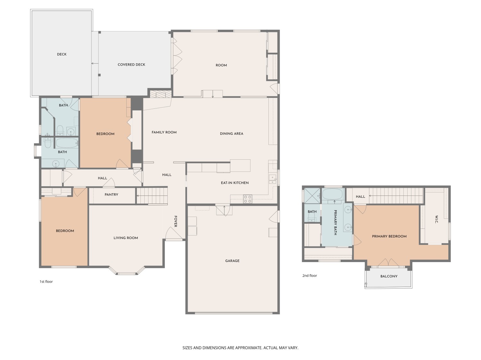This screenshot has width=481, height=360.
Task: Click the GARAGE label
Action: point(232,261)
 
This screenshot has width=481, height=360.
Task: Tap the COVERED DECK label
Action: point(131,65)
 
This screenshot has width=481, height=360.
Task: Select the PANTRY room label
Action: point(111,195)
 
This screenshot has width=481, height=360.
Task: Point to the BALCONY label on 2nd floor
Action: point(389,276)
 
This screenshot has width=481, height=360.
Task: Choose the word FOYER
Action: point(175,221)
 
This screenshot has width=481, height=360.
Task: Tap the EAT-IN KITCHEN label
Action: point(234,183)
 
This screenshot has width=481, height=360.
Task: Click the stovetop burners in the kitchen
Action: point(248,199)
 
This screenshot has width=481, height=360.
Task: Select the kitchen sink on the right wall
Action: point(272,179)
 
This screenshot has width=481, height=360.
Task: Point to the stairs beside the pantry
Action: point(152,196)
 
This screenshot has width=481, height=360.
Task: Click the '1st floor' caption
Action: point(46,282)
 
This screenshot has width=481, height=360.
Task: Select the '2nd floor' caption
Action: point(309,276)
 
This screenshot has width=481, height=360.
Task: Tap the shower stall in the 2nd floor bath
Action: point(312,196)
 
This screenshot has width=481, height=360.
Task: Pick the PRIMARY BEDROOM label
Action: point(389,236)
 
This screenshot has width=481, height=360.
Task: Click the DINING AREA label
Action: point(231,134)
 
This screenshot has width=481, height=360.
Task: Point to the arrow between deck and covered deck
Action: point(95,63)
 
